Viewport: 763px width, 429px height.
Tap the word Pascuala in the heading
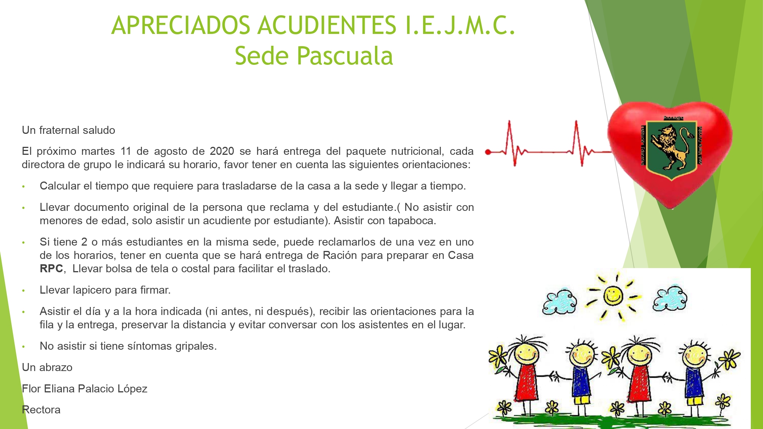click(x=345, y=56)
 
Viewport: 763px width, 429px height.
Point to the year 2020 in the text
click(x=222, y=151)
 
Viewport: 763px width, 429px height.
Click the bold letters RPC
click(x=51, y=268)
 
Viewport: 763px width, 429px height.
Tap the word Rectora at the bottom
click(x=41, y=410)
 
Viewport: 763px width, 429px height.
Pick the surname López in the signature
click(x=132, y=389)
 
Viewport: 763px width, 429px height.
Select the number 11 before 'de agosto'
click(x=126, y=151)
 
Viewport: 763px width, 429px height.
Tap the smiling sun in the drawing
click(x=613, y=296)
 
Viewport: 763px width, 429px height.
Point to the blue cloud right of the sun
click(x=670, y=298)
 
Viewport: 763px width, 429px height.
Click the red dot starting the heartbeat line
click(x=488, y=152)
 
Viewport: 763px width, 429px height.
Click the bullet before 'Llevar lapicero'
click(x=23, y=291)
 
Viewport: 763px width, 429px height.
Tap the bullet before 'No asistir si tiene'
click(x=23, y=347)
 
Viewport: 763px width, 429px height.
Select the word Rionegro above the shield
click(x=673, y=118)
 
